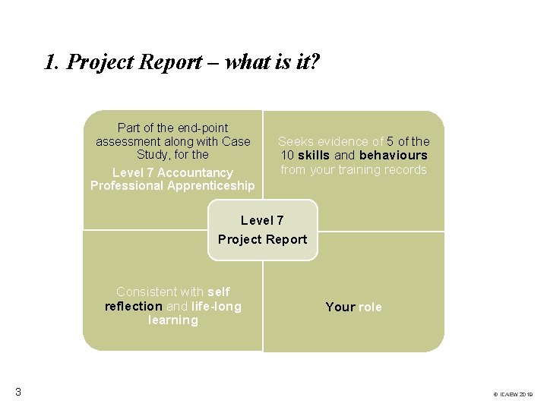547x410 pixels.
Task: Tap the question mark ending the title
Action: point(315,61)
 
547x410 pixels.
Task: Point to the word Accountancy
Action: point(195,172)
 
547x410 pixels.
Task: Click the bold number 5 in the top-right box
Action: point(390,141)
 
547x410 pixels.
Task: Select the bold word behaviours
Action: point(393,155)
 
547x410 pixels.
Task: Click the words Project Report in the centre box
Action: point(262,239)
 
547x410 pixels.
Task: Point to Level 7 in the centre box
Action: point(262,220)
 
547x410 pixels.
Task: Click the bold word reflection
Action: point(134,306)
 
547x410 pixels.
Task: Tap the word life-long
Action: point(217,306)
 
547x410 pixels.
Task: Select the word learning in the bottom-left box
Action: point(173,320)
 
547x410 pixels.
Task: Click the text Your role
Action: point(353,307)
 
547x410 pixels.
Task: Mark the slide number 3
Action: point(17,392)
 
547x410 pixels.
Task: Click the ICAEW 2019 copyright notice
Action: point(514,395)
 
